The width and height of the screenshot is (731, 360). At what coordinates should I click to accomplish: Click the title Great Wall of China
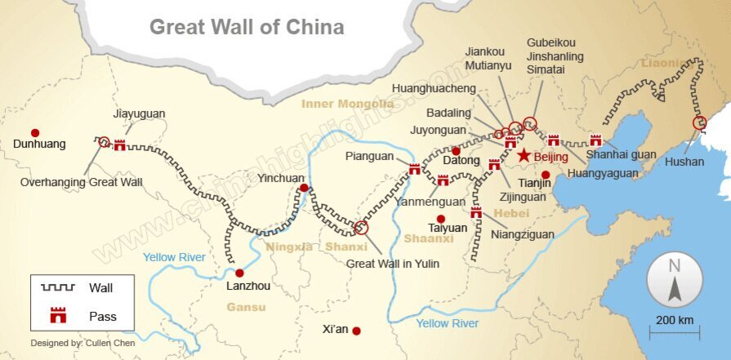[x=246, y=26]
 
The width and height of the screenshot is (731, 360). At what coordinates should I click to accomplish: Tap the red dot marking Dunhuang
[x=35, y=132]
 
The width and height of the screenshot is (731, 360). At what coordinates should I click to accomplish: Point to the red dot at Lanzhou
[x=239, y=273]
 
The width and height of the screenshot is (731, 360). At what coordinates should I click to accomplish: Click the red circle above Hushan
[x=699, y=123]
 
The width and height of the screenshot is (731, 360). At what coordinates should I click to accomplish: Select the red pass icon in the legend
[x=58, y=315]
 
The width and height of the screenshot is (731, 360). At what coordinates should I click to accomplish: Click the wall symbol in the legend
[x=58, y=287]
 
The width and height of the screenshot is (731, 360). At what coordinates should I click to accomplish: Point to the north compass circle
[x=675, y=279]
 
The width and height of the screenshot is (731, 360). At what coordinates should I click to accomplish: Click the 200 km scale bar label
[x=674, y=319]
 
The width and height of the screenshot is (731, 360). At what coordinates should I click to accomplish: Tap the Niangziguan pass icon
[x=476, y=213]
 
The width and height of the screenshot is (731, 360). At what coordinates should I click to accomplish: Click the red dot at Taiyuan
[x=441, y=218]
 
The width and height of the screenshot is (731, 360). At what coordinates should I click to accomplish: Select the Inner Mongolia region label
[x=347, y=104]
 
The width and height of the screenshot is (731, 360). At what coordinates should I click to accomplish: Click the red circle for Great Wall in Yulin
[x=361, y=228]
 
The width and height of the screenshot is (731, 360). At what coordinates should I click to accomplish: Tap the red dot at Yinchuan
[x=304, y=188]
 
